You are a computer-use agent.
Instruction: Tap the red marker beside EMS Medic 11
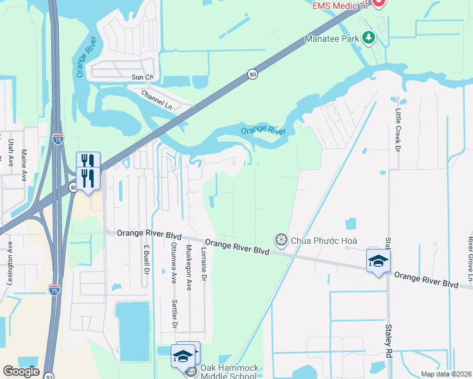click(379, 3)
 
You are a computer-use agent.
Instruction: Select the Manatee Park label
click(331, 39)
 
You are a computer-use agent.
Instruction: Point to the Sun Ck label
click(142, 77)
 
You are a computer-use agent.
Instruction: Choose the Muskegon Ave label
click(188, 267)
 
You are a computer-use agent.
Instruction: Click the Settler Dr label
click(175, 313)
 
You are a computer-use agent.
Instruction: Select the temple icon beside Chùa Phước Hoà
click(280, 240)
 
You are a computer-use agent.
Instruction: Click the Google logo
click(21, 371)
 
